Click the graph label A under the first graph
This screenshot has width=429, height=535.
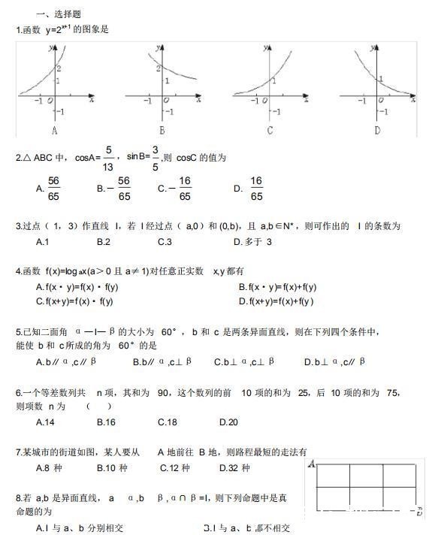point(55,130)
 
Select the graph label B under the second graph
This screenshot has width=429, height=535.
point(162,130)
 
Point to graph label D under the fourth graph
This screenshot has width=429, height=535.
point(377,130)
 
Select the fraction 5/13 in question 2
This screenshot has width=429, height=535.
point(108,159)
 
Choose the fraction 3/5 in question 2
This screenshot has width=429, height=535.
point(156,159)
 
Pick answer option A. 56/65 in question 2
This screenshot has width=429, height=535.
point(48,189)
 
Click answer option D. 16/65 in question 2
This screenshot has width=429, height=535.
point(249,189)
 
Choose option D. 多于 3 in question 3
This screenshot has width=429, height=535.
point(252,242)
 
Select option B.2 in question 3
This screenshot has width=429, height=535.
point(104,242)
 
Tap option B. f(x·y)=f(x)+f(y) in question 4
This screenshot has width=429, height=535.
point(278,287)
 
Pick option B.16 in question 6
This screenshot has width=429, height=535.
point(106,422)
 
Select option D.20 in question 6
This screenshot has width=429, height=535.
point(228,422)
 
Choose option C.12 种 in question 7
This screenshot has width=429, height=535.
point(174,467)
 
